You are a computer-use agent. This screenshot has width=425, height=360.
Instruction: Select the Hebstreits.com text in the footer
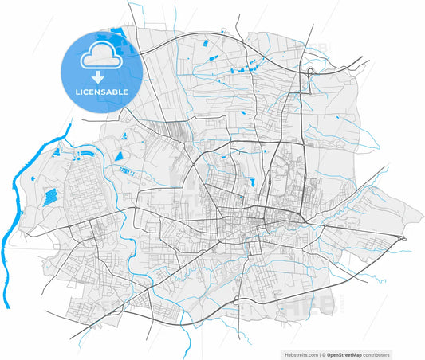(301, 354)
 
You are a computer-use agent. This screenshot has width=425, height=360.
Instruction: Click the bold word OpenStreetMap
(347, 354)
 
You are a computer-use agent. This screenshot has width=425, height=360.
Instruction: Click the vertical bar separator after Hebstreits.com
(321, 354)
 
